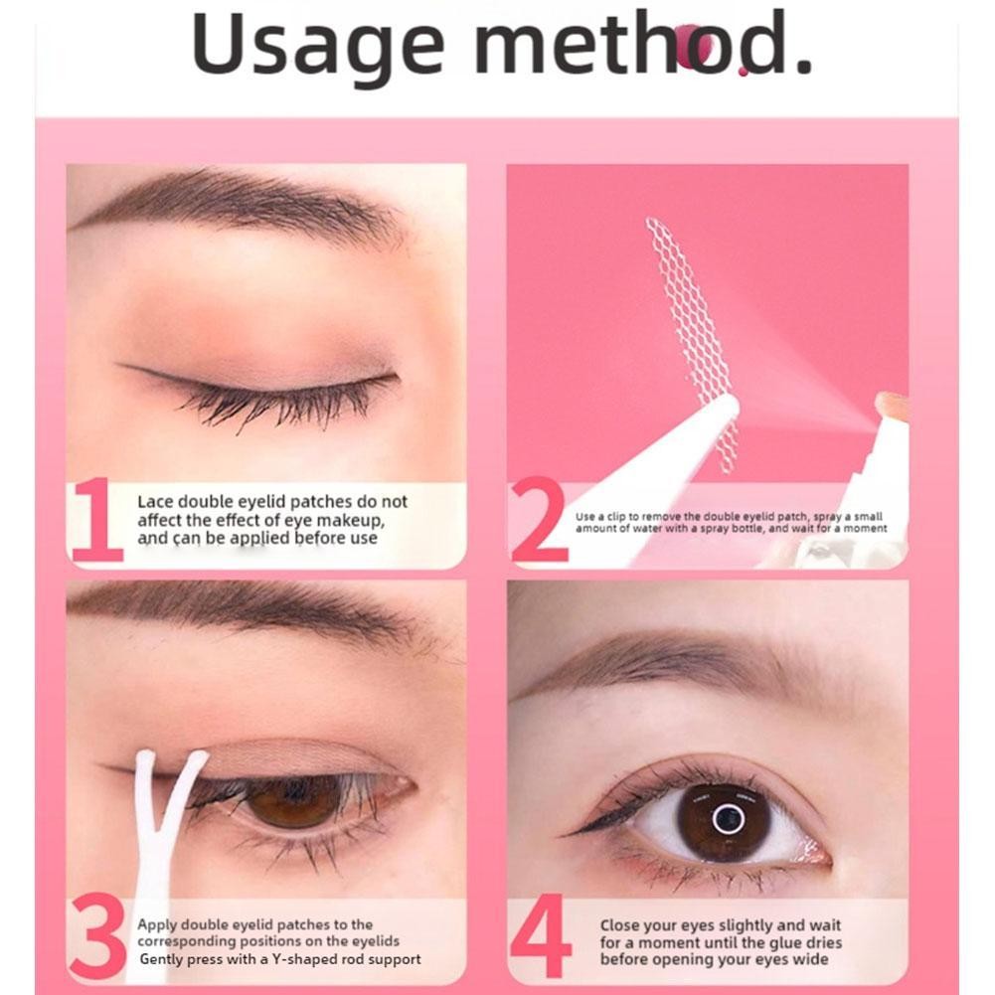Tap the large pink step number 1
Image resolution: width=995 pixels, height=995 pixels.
tap(96, 520)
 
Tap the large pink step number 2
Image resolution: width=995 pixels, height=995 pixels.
tap(539, 520)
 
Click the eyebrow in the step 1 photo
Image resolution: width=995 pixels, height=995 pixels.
tap(242, 203)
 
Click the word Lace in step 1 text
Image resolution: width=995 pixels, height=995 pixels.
tap(155, 501)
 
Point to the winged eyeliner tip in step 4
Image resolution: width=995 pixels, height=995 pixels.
tap(564, 836)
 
